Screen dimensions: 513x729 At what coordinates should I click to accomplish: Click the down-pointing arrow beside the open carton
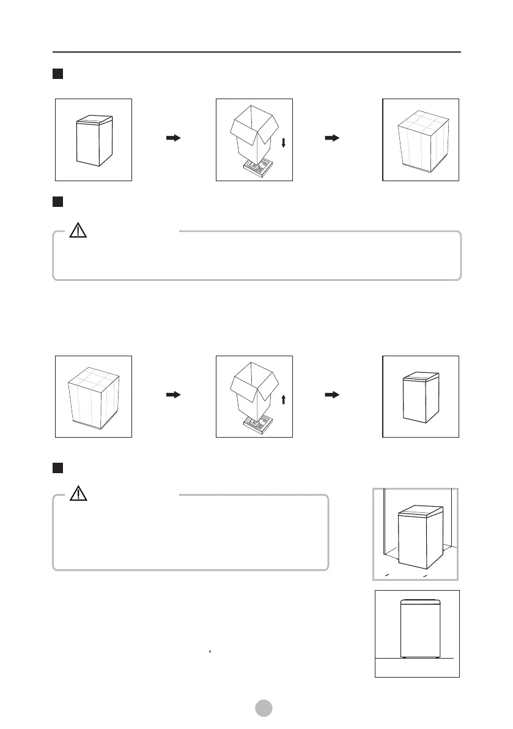pos(283,143)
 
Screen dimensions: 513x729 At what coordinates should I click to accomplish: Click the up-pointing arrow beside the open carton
pos(283,400)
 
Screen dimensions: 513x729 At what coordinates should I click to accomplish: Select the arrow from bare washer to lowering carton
pos(174,139)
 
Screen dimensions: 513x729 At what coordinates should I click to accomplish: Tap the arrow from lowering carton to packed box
pos(332,139)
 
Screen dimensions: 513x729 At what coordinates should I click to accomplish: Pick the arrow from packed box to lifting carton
pos(174,395)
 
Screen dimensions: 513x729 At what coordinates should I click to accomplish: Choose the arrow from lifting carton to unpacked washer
pos(332,395)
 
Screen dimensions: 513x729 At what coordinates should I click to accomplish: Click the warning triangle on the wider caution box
pos(78,231)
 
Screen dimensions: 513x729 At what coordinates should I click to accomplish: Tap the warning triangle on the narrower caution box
pos(78,494)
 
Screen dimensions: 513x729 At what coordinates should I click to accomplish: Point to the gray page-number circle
pos(263,708)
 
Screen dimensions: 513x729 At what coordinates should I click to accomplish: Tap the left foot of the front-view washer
pos(405,658)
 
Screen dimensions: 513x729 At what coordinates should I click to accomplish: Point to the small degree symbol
pos(210,651)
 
